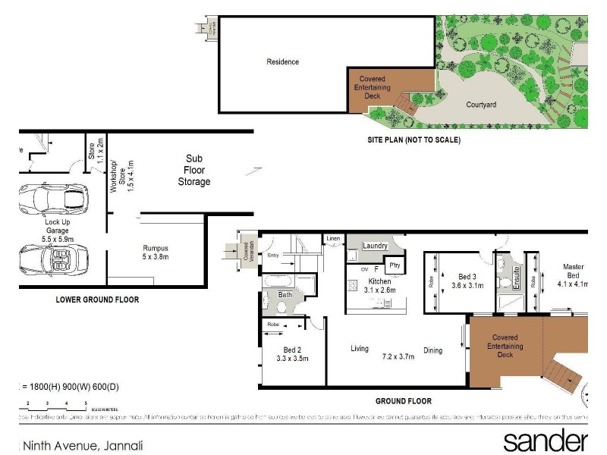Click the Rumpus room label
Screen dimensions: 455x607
(x=155, y=252)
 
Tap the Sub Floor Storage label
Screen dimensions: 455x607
(x=194, y=171)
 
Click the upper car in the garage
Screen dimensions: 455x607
(x=54, y=200)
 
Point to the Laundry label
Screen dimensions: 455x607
(x=375, y=246)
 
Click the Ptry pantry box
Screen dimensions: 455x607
(x=394, y=265)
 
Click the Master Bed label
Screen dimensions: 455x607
(x=573, y=271)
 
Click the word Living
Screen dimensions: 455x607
(x=359, y=349)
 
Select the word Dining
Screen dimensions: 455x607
(x=433, y=350)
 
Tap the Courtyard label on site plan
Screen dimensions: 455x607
(x=481, y=105)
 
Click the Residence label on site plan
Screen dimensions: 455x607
(x=282, y=62)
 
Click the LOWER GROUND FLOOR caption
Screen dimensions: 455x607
(x=97, y=300)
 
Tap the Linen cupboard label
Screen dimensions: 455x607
(x=334, y=240)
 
